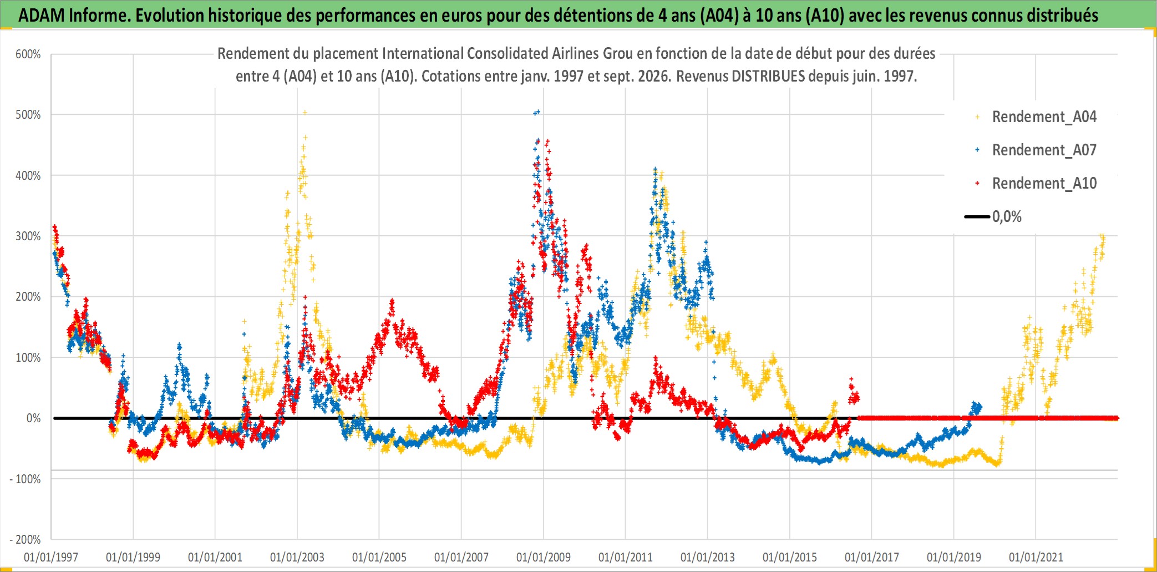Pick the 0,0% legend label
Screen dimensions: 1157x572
point(1007,217)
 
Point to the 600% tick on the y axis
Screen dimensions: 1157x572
point(28,54)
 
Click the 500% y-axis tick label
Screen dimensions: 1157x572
point(28,115)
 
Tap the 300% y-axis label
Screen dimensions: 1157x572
point(28,236)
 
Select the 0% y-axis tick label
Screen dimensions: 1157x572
point(33,418)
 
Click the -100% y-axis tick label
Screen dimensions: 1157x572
point(25,479)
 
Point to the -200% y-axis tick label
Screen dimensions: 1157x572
point(25,539)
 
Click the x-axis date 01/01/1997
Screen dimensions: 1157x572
point(51,557)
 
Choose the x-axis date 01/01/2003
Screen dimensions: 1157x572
point(297,557)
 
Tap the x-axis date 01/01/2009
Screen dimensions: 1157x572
point(544,557)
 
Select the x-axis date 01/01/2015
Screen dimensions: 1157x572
point(790,557)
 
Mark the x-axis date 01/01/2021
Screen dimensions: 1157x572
point(1036,557)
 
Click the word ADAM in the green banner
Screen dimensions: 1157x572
point(42,16)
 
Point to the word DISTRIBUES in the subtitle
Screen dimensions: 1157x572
point(768,76)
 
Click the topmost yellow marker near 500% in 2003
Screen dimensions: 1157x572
point(305,113)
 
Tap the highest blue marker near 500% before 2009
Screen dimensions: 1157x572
point(537,112)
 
